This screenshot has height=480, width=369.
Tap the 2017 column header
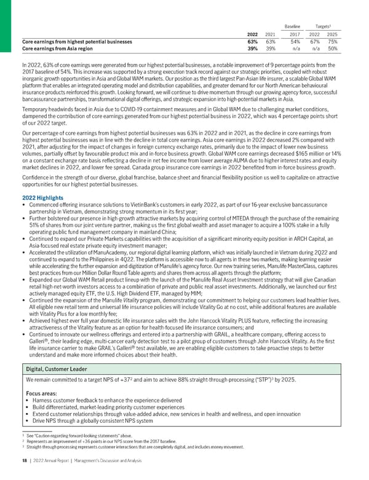(296, 34)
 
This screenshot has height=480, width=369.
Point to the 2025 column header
(333, 34)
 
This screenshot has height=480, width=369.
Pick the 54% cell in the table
(296, 41)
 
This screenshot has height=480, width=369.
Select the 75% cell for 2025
(333, 41)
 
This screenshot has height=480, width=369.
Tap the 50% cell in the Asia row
(333, 49)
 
